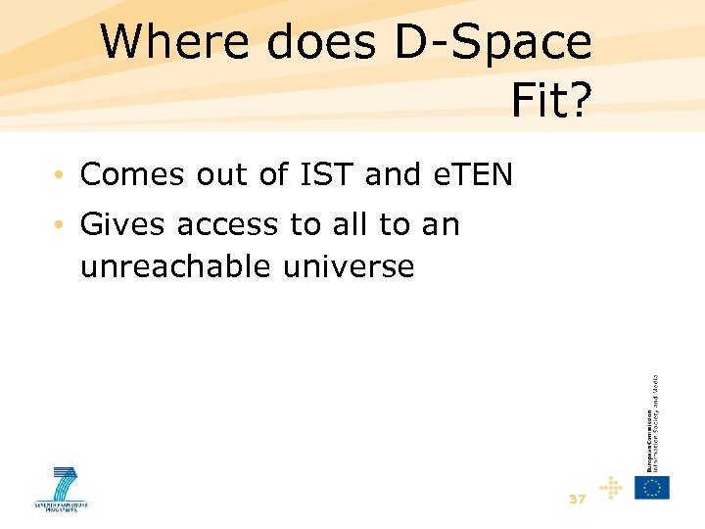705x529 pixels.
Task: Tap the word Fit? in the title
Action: (x=551, y=99)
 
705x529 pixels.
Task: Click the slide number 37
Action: (x=577, y=499)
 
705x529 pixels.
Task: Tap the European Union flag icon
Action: (x=651, y=487)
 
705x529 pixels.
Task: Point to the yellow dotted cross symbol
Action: (x=612, y=487)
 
